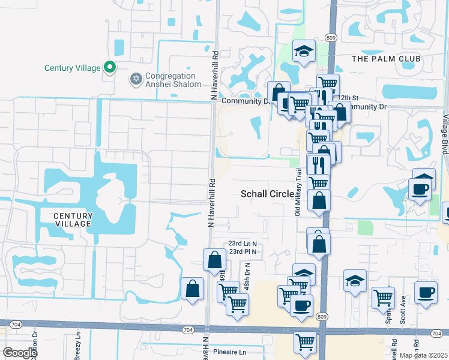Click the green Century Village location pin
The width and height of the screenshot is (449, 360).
point(109,67)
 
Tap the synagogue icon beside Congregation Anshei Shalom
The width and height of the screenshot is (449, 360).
point(136,80)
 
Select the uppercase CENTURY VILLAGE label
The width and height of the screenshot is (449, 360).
point(73,220)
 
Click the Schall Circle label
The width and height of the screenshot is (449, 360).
point(268,194)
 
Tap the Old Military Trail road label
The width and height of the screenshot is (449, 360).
point(298,191)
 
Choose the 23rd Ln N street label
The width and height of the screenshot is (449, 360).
point(242,244)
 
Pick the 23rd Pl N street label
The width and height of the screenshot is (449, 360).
point(242,251)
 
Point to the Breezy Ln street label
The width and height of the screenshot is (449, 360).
point(79,347)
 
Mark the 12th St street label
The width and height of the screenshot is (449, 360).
point(348,97)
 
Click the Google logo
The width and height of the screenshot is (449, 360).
point(20,352)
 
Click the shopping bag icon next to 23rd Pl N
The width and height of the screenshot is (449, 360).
point(214,260)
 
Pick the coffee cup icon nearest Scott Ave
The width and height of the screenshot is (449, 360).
point(426,293)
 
